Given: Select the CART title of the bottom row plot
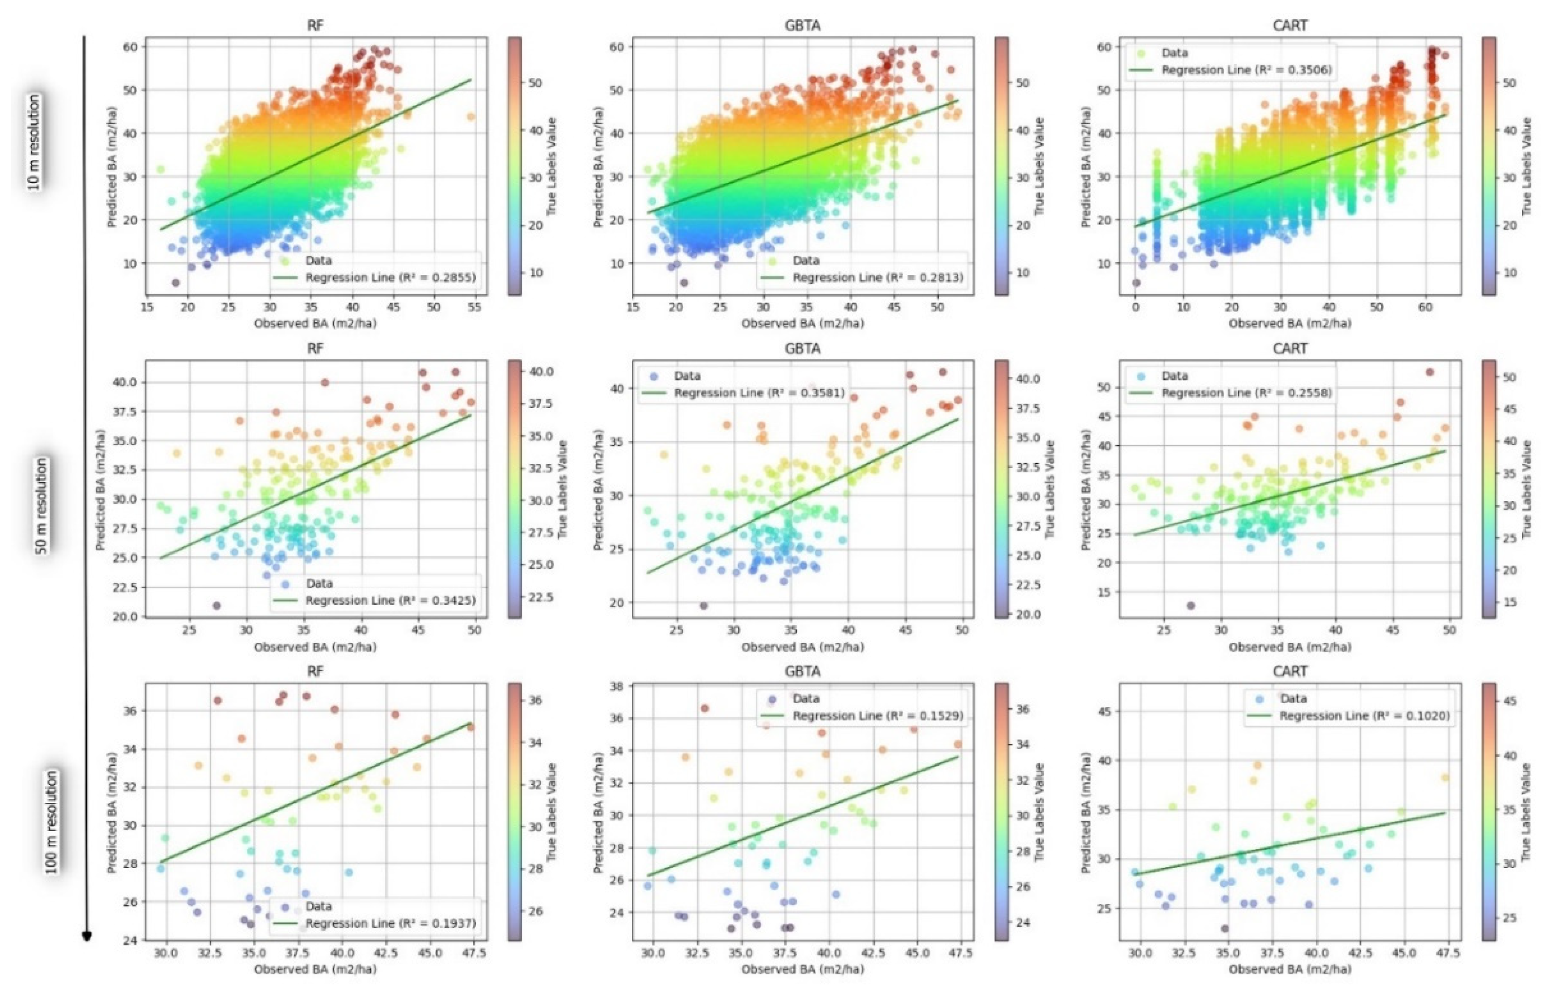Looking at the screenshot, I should pos(1290,671).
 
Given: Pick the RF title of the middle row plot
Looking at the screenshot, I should pos(315,348).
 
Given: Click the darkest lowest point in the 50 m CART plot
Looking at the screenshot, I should pos(1190,605).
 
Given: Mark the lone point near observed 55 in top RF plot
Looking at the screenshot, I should pos(471,117).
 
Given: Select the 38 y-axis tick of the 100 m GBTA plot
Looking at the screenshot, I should pos(616,686).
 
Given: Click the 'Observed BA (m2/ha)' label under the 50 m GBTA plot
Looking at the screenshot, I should pos(802,647).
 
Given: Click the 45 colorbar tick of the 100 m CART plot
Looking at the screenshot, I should pos(1509,701).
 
